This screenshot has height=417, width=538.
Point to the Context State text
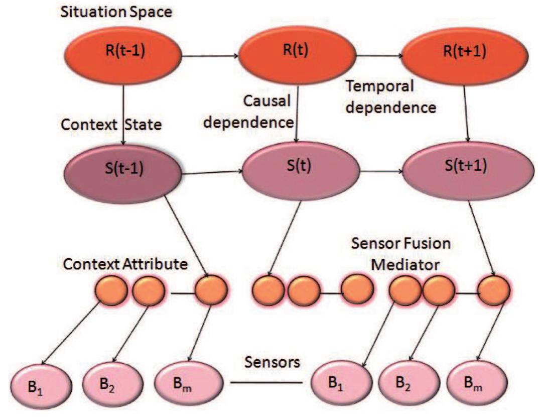[111, 125]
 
